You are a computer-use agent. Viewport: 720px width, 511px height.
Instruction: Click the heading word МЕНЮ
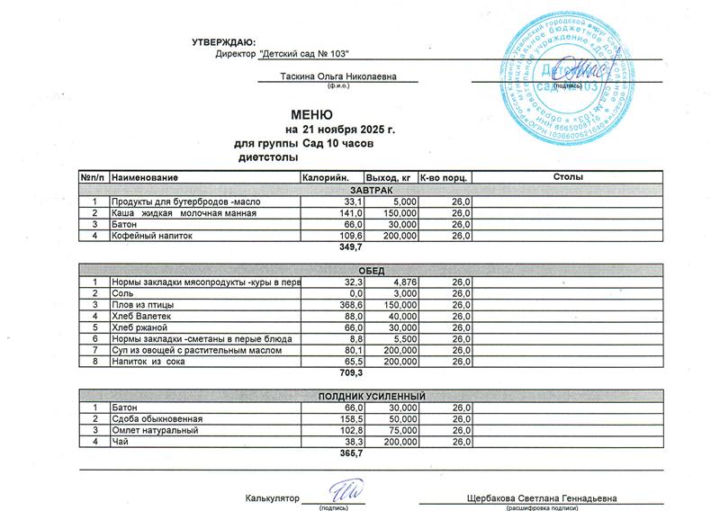tap(312, 115)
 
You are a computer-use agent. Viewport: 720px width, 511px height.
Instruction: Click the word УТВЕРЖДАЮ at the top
tap(224, 42)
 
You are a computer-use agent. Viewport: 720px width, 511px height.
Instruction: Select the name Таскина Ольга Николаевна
tap(337, 78)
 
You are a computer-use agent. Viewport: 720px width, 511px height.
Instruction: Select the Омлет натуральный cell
tap(153, 431)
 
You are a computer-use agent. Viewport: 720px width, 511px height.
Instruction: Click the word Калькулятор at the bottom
tap(272, 498)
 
